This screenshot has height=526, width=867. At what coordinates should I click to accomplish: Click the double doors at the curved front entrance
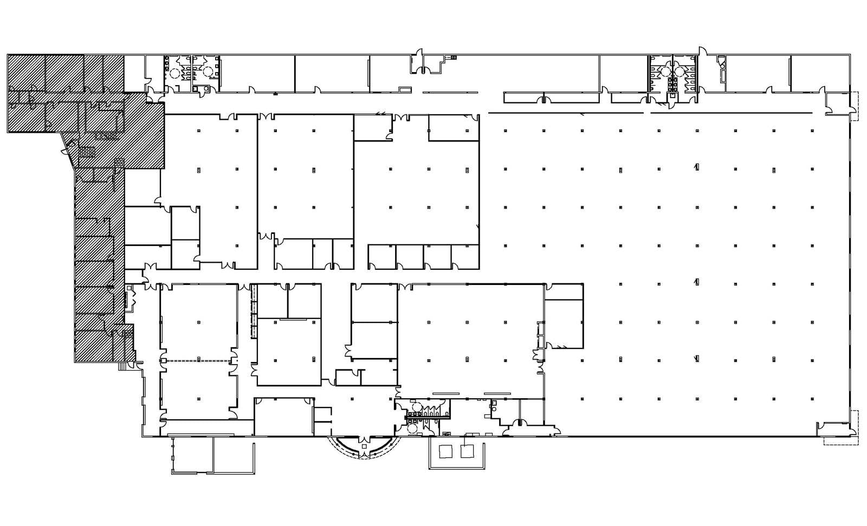pos(364,438)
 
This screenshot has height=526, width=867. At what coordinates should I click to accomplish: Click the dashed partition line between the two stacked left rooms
pos(199,361)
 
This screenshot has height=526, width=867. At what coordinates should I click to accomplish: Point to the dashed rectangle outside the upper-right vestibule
pos(855,107)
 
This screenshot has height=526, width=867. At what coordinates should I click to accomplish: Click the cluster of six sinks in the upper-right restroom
pos(673,83)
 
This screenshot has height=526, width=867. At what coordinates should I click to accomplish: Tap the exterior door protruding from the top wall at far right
pos(703,51)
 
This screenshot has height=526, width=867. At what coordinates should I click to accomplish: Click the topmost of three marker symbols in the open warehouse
pos(696,166)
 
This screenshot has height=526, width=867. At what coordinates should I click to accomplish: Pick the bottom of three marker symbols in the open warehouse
pos(696,358)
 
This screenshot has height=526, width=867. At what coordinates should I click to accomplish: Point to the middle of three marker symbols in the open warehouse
pos(696,281)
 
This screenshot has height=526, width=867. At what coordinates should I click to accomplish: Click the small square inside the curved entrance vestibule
pos(364,446)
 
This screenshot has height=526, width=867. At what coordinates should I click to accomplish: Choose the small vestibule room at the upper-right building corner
pos(837,103)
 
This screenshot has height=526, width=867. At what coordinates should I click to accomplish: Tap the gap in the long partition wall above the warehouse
pos(647,113)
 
